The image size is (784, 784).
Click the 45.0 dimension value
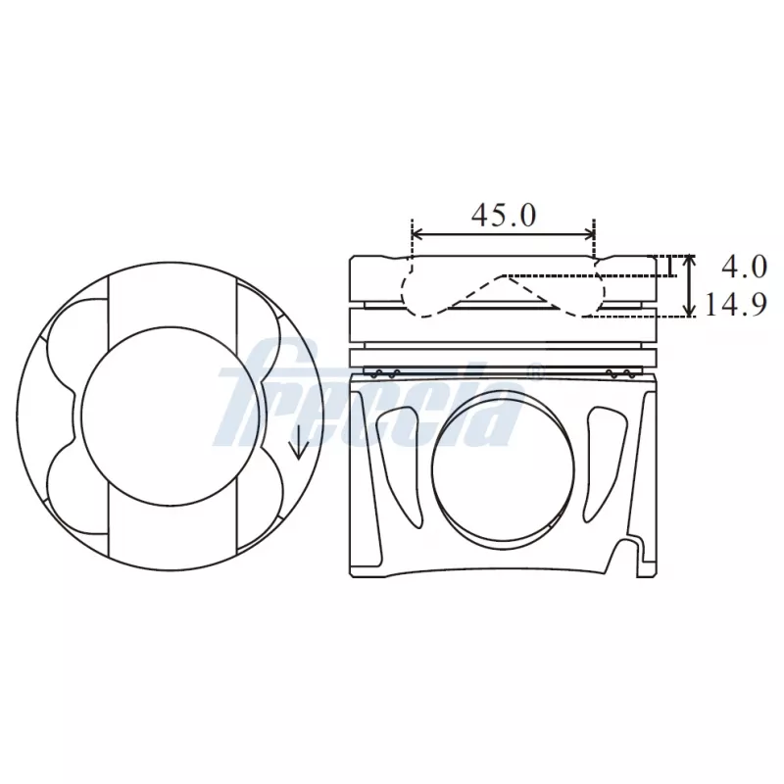tap(504, 215)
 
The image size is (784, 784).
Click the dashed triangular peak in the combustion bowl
tap(505, 277)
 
